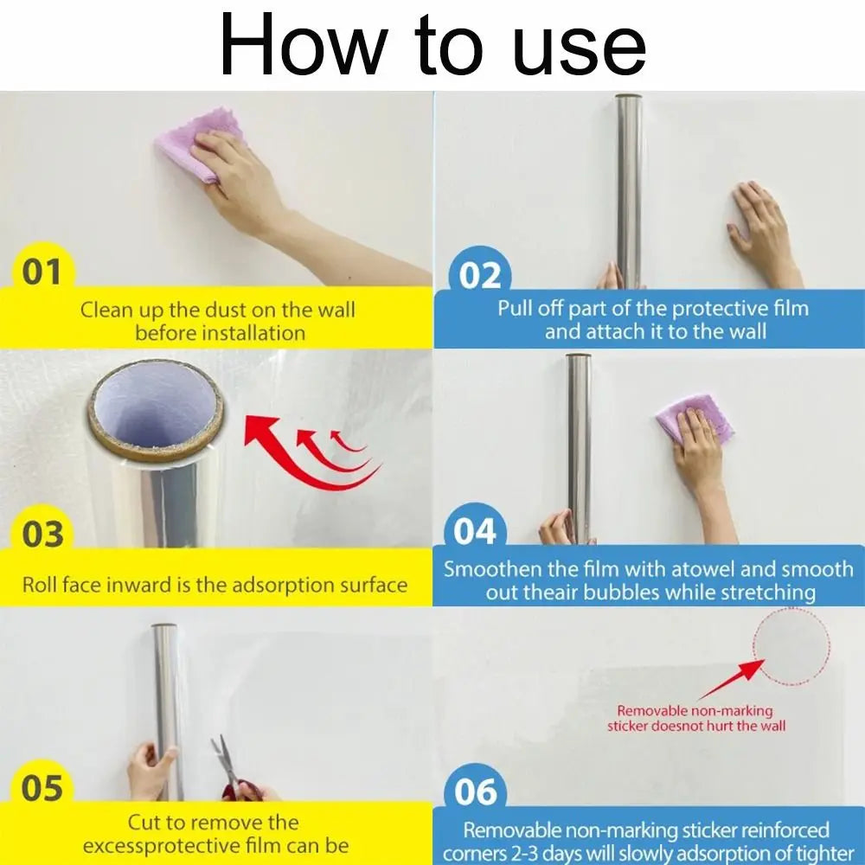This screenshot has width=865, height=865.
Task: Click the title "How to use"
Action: (432, 45)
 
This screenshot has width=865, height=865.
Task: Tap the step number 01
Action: (42, 272)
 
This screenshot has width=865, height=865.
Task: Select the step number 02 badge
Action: (479, 276)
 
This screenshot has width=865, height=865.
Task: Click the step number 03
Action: (42, 535)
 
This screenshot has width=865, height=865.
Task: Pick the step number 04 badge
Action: (475, 531)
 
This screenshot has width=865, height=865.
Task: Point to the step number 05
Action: (42, 789)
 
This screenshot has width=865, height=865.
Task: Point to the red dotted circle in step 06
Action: (791, 647)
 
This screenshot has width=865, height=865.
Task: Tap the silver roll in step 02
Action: (629, 190)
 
